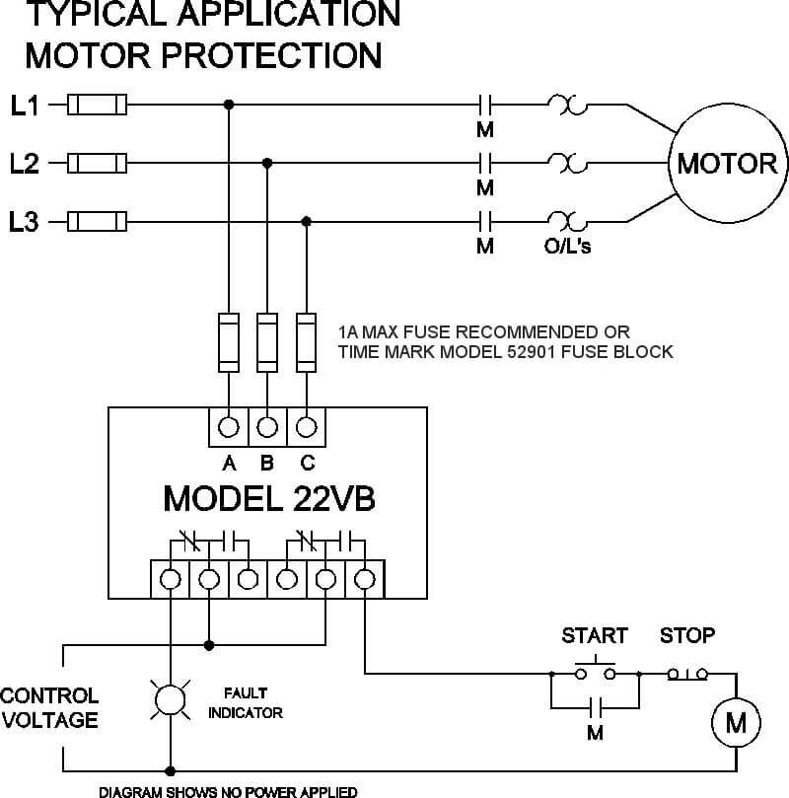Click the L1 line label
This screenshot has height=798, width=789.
[x=25, y=106]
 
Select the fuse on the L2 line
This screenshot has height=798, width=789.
[x=97, y=164]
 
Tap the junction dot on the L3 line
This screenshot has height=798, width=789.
[x=307, y=221]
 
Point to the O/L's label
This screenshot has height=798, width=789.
[x=568, y=247]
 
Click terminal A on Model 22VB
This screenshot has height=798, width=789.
[x=229, y=427]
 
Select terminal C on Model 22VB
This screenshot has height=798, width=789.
[x=307, y=427]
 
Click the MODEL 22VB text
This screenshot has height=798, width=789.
[x=269, y=498]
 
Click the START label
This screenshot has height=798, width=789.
[x=595, y=635]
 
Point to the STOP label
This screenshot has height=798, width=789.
[x=687, y=635]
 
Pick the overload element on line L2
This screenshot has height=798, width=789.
[x=568, y=163]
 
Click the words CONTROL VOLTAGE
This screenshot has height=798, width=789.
[x=49, y=708]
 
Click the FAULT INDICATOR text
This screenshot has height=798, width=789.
[x=246, y=703]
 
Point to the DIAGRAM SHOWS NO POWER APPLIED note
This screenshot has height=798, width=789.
[x=228, y=791]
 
